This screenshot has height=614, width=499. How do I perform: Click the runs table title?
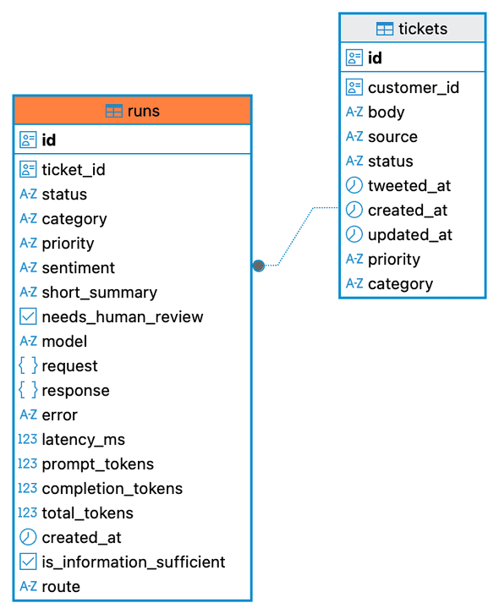point(143,111)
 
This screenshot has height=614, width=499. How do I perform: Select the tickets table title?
point(423,29)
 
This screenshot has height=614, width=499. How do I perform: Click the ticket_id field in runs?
point(74,170)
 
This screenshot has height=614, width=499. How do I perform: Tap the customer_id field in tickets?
point(414,88)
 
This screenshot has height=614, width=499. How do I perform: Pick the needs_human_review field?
point(123,317)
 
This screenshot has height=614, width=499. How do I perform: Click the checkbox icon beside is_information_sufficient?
point(28,562)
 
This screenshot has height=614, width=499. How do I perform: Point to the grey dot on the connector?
point(259,266)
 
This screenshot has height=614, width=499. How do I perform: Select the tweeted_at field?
point(409,185)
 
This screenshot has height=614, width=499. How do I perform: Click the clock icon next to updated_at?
point(354,234)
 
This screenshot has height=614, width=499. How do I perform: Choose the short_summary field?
point(100,293)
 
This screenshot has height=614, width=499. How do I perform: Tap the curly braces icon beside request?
point(28,365)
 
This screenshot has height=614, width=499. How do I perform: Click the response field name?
point(75,391)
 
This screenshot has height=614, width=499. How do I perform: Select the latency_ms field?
point(84,440)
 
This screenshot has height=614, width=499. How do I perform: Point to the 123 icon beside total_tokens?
point(28,513)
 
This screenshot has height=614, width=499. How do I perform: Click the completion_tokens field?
point(112,489)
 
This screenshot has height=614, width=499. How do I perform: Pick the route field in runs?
point(61,587)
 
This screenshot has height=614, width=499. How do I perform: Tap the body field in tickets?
point(386,112)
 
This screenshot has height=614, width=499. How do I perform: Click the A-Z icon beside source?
point(354,136)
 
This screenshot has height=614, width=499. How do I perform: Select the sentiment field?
point(79,268)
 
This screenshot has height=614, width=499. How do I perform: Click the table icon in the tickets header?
point(385,29)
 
